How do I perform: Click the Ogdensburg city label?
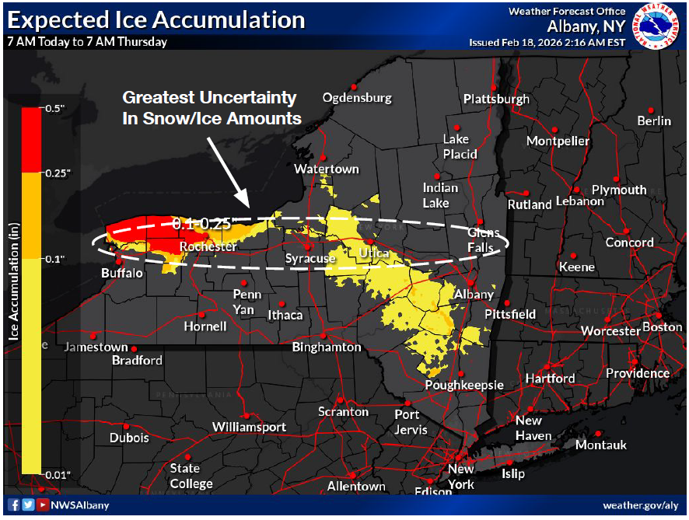click(357, 98)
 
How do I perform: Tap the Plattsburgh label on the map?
click(496, 99)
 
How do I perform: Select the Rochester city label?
click(208, 246)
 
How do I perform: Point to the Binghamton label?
click(327, 347)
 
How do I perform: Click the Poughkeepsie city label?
click(464, 385)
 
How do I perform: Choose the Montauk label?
click(600, 445)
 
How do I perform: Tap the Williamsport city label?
click(250, 427)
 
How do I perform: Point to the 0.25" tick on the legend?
click(56, 173)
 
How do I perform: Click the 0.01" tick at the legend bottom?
click(56, 473)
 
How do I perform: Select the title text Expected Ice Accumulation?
click(156, 19)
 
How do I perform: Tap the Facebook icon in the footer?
click(13, 505)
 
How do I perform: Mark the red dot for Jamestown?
click(134, 350)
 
